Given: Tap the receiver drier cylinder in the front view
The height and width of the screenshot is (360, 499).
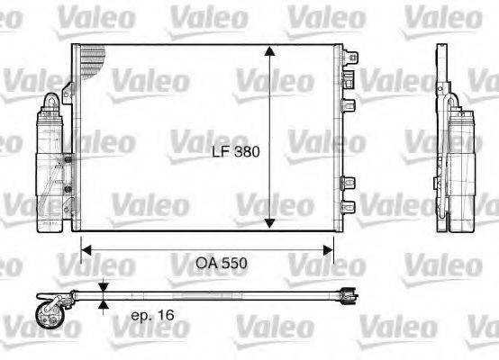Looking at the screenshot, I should (51, 171).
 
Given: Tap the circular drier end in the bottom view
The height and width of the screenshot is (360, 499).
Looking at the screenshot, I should (46, 316).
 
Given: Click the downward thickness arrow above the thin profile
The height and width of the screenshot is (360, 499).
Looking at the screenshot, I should (104, 287).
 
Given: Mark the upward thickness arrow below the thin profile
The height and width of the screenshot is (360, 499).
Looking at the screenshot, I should (104, 306).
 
